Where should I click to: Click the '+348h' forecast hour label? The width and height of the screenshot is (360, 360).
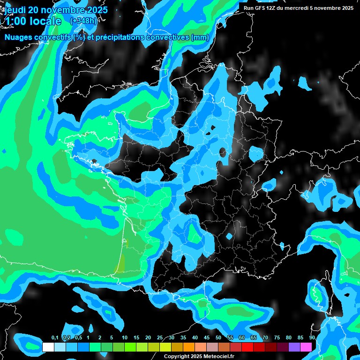pyautogui.click(x=83, y=21)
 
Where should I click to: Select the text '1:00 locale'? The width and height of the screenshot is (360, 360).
pyautogui.click(x=33, y=21)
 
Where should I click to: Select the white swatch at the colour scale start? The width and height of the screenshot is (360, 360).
pyautogui.click(x=48, y=347)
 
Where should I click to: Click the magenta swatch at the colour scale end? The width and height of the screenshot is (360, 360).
pyautogui.click(x=306, y=347)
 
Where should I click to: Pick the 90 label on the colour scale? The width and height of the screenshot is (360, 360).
pyautogui.click(x=312, y=337)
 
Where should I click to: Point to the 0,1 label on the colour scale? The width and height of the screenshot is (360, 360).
pyautogui.click(x=55, y=337)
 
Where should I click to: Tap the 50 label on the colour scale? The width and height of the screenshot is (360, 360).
pyautogui.click(x=218, y=337)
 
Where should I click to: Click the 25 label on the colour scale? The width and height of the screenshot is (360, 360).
pyautogui.click(x=160, y=337)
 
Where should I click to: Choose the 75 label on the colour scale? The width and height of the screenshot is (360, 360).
pyautogui.click(x=277, y=337)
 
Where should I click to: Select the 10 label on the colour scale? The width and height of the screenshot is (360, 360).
pyautogui.click(x=125, y=337)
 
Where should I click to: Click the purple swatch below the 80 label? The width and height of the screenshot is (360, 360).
pyautogui.click(x=294, y=347)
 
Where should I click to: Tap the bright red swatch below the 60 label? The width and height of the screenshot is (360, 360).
pyautogui.click(x=247, y=347)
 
